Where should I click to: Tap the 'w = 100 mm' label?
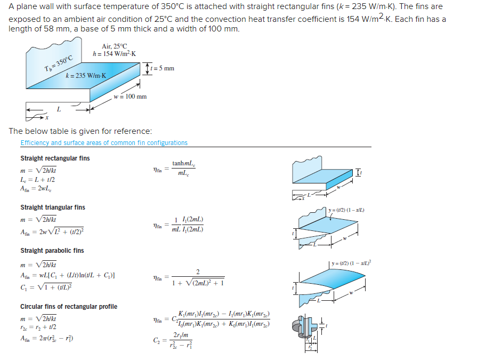click(130, 97)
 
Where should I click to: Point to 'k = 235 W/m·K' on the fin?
click(86, 76)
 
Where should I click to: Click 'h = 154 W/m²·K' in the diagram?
click(114, 54)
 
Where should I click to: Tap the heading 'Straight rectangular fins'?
click(55, 158)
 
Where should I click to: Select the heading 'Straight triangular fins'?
click(52, 207)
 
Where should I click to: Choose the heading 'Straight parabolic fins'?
click(52, 251)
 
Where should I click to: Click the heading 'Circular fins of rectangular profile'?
click(69, 307)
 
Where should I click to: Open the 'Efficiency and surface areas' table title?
click(104, 143)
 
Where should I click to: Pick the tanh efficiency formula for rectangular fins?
click(176, 169)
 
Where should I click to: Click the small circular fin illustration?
click(309, 331)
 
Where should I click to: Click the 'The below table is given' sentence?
click(80, 131)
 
